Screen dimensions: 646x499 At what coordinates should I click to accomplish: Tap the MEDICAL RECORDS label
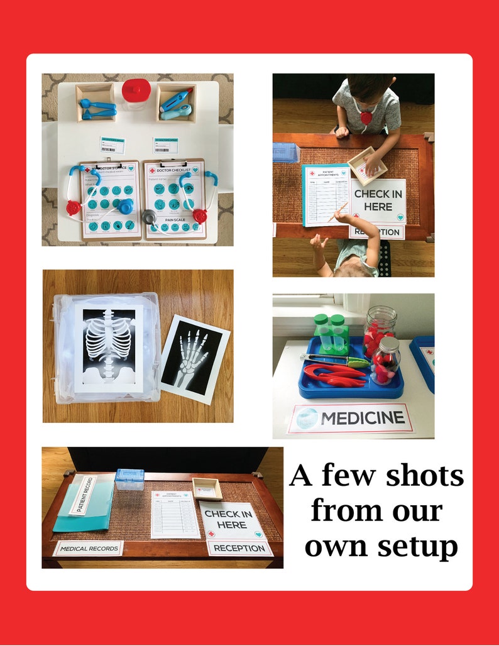[x=88, y=549]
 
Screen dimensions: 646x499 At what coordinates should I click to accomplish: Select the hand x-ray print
[x=192, y=358]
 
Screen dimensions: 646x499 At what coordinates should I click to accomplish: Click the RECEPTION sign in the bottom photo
[x=239, y=548]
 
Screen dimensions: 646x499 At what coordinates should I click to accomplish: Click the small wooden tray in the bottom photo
[x=207, y=488]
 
